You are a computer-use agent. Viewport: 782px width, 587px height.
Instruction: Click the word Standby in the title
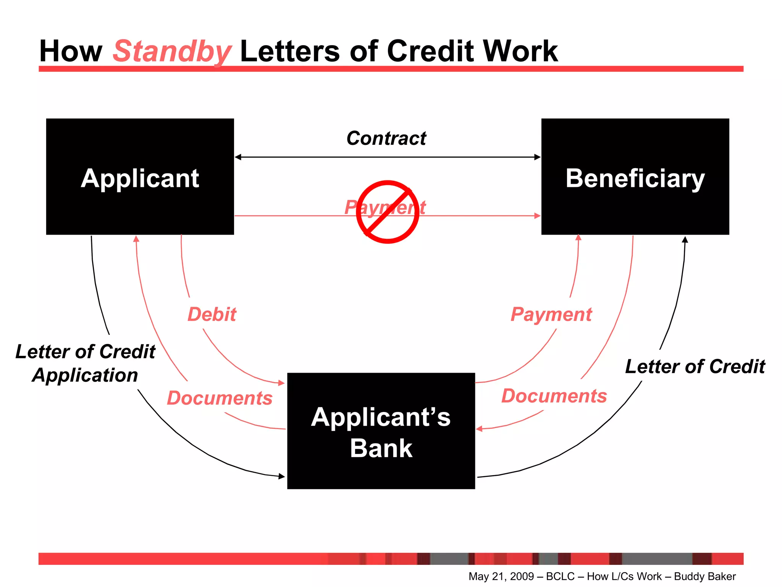click(172, 52)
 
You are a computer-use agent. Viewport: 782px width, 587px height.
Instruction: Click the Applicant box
click(140, 177)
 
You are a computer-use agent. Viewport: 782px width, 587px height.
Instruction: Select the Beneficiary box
click(635, 177)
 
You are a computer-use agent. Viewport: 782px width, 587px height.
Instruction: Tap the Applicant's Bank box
click(381, 431)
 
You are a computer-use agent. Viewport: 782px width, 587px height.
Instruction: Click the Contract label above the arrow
click(386, 138)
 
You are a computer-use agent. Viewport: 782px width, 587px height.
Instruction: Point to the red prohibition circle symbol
click(388, 212)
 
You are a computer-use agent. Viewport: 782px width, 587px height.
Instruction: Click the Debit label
click(212, 315)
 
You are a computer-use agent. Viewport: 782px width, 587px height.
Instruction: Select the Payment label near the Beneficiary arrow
click(551, 315)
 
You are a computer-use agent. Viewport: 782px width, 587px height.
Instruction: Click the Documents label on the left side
click(220, 398)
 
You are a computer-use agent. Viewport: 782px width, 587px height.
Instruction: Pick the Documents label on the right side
click(554, 396)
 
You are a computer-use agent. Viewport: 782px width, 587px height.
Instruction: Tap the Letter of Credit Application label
click(85, 363)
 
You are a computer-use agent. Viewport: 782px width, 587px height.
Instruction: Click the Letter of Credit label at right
click(695, 366)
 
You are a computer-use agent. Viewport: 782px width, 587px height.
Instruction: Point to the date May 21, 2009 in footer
click(501, 576)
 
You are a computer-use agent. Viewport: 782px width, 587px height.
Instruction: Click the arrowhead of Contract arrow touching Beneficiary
click(538, 157)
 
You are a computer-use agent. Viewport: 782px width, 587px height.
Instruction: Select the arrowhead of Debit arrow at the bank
click(282, 383)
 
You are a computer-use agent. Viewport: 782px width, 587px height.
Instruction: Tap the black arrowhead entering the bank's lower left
click(282, 476)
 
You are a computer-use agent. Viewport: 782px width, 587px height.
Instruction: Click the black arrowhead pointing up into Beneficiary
click(685, 240)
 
